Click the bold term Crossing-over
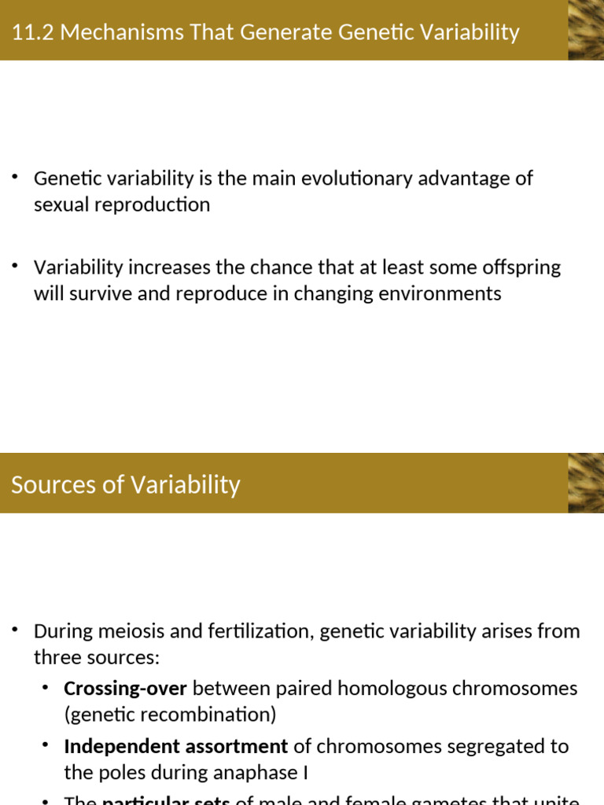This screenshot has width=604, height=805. point(125,689)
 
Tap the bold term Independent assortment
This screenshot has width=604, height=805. point(175,746)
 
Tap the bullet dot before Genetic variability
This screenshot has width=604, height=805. point(15,177)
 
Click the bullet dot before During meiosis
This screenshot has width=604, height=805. point(15,630)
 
